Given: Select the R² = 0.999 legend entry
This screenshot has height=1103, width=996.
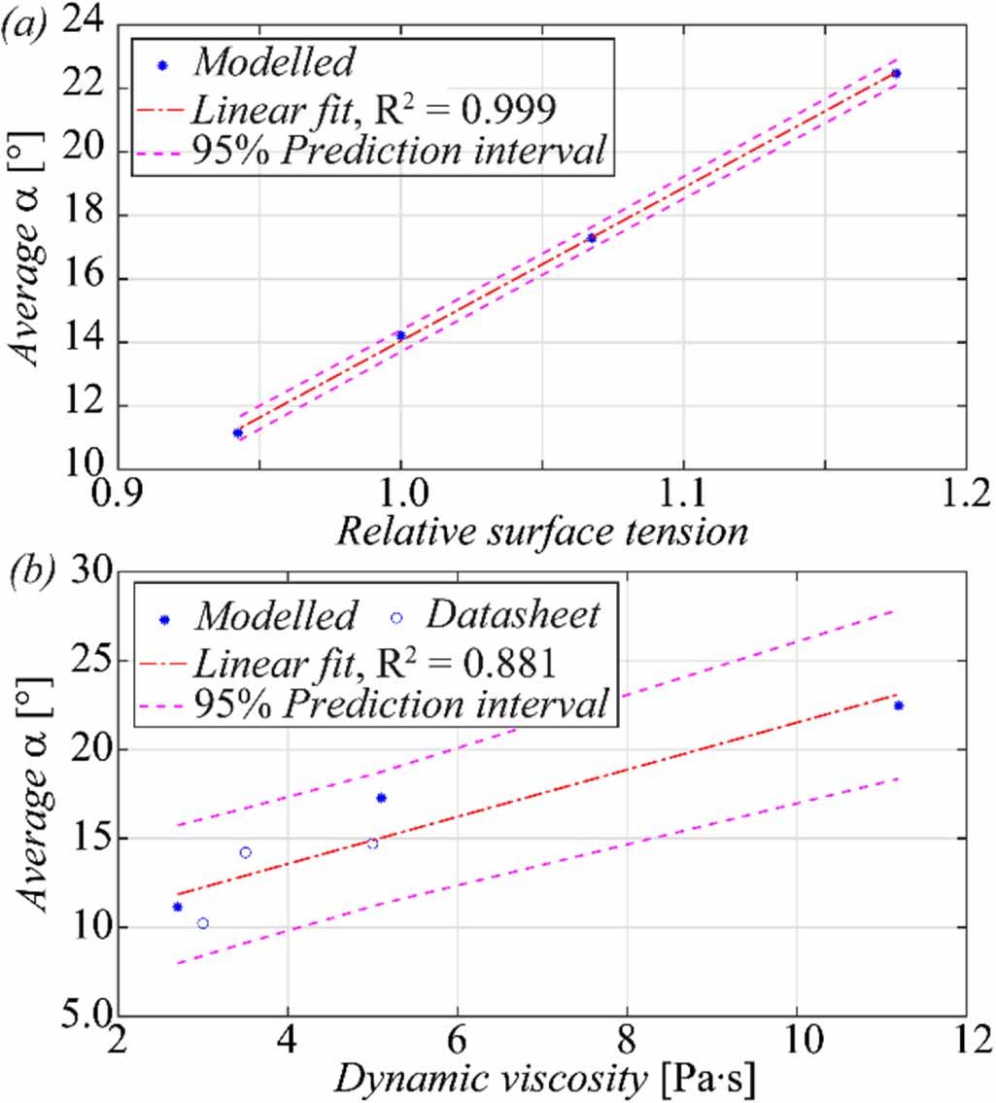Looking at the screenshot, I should [374, 111].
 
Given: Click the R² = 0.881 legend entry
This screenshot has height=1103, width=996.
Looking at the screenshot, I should [374, 663].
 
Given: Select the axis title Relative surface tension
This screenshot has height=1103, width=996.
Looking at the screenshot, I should [541, 533].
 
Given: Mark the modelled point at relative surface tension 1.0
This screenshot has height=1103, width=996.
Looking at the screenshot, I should [400, 335].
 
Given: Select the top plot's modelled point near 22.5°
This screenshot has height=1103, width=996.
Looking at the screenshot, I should [896, 74].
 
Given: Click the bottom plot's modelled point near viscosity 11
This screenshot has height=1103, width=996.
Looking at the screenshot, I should [899, 706].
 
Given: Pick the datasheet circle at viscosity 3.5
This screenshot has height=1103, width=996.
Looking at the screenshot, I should [246, 852].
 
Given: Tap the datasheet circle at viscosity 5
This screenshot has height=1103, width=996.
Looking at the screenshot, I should [372, 844].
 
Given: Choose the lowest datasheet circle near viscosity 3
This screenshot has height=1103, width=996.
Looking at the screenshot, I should [203, 923].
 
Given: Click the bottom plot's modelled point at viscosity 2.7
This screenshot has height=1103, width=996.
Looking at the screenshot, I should [177, 907].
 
